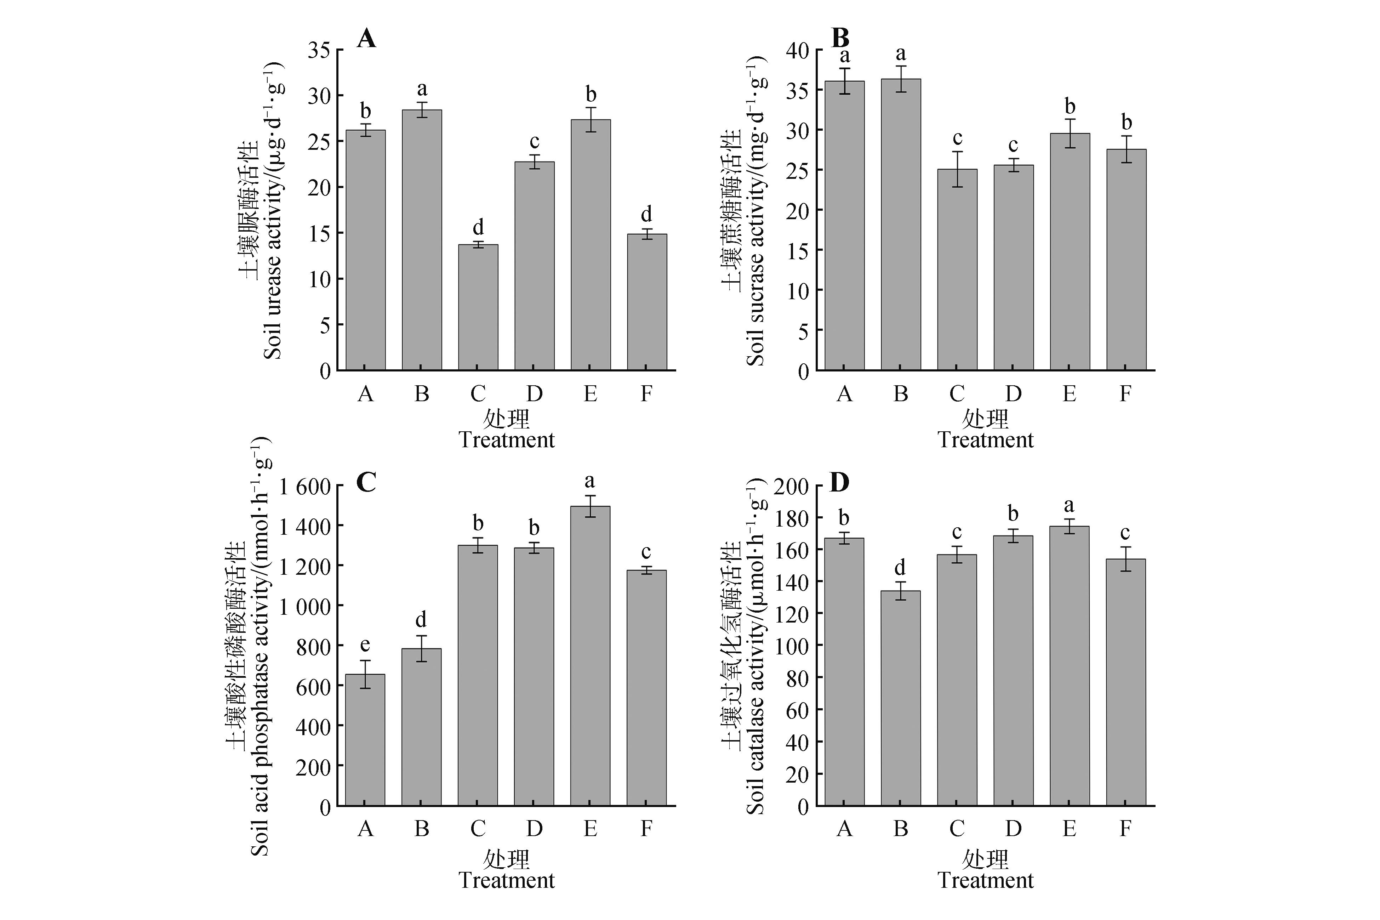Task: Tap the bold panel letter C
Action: [366, 482]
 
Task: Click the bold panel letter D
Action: [840, 482]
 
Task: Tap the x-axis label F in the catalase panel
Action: [1125, 829]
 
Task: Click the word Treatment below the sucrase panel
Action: [985, 440]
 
